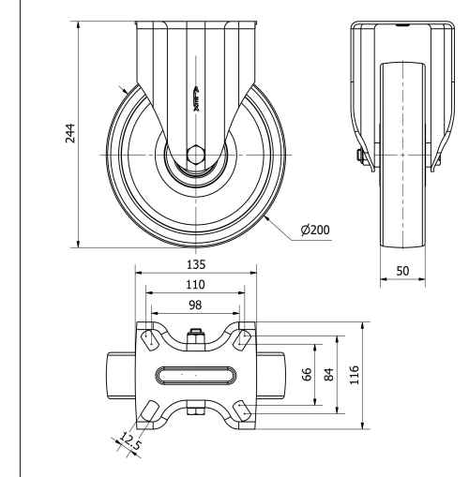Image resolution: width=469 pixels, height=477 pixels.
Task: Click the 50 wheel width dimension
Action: [x=403, y=269]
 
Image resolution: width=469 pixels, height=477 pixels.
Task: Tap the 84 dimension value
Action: [x=328, y=375]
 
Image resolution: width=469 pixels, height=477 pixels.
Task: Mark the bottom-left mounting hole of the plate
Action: [x=149, y=411]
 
